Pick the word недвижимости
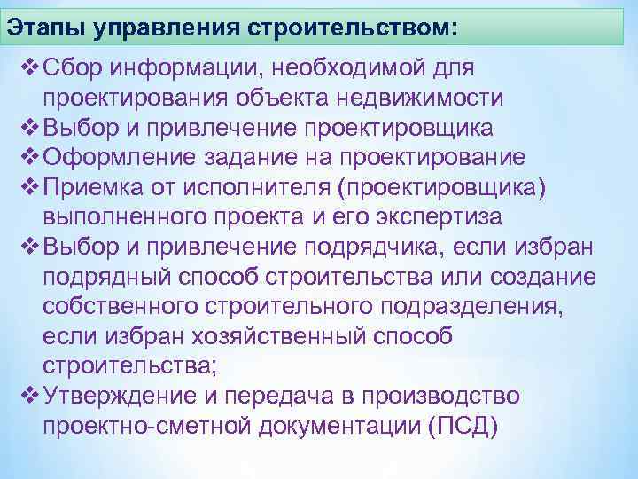425,97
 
